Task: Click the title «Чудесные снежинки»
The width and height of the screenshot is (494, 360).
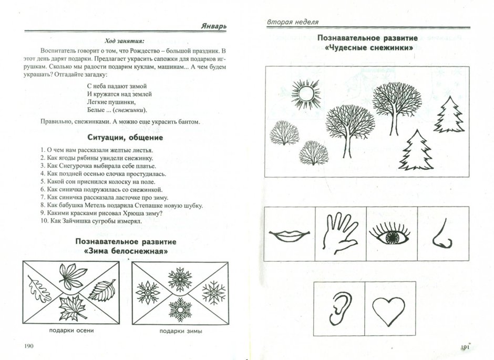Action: click(366, 48)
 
